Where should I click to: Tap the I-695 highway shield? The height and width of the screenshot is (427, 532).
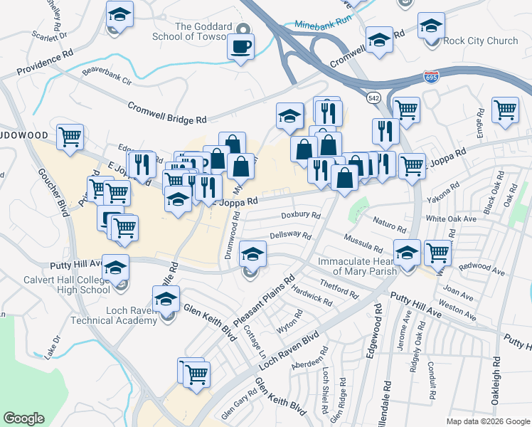(431, 75)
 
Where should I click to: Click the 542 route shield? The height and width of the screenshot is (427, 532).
(373, 97)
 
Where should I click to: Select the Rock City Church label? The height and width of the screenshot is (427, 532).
(481, 41)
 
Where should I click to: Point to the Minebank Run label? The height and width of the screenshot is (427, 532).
(323, 23)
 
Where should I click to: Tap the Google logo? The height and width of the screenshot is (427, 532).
(24, 418)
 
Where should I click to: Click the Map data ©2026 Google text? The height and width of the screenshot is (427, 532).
(487, 421)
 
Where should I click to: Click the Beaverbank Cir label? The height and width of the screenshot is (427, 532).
(107, 76)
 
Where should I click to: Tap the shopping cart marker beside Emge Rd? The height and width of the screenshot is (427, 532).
(504, 110)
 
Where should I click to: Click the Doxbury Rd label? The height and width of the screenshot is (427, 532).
(301, 214)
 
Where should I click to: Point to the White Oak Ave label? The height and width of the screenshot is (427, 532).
(451, 219)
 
